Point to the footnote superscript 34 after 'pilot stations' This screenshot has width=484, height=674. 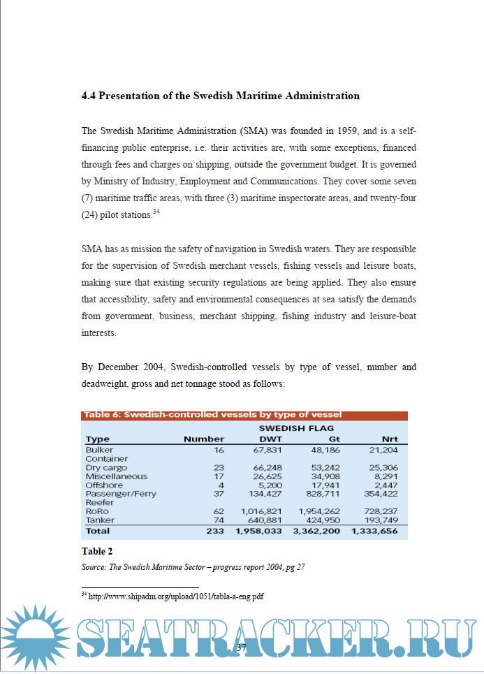[x=156, y=212]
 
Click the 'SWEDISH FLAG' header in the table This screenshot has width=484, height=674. [x=296, y=427]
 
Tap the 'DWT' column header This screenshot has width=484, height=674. [x=270, y=439]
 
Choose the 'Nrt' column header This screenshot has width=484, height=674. [x=390, y=439]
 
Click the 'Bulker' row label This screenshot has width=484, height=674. [x=99, y=450]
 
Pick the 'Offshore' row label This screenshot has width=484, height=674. [x=104, y=485]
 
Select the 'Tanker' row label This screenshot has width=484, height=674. [x=99, y=520]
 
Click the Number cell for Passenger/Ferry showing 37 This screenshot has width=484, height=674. [x=218, y=494]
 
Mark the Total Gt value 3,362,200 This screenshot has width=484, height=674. [x=316, y=531]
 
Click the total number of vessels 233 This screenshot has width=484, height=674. [x=215, y=531]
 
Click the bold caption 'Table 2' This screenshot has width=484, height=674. [x=97, y=551]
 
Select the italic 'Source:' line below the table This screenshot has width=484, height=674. [x=193, y=567]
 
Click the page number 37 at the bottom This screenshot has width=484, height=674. [x=242, y=647]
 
